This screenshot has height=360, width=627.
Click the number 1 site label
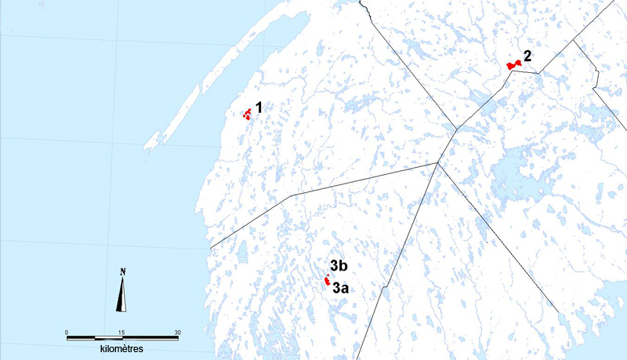pos(259,107)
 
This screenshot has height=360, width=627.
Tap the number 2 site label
pos(527,56)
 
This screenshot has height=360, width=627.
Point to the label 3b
pos(339,264)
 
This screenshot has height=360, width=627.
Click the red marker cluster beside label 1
pos(248,115)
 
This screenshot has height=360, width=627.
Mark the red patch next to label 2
pos(513,65)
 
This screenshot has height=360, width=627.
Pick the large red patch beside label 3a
pos(326,281)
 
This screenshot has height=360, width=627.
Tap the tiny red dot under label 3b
pos(328,274)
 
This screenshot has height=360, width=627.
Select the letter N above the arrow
pos(123,272)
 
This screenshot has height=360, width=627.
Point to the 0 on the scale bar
pos(67,333)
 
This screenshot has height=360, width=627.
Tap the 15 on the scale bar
pos(121,333)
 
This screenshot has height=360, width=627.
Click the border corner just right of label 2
pos(539,72)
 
